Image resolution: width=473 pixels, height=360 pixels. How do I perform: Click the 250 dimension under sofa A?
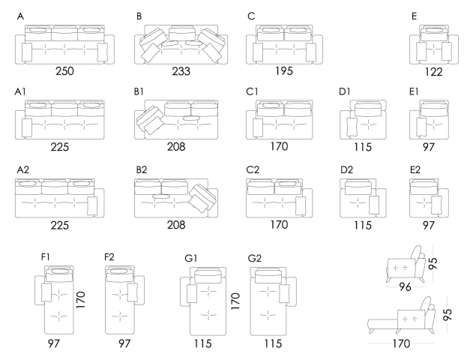pos(64,71)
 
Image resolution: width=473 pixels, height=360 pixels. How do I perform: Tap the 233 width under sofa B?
pos(181,71)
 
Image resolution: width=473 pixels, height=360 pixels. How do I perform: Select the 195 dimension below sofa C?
pos(284,71)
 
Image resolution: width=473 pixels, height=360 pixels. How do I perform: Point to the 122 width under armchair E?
pos(433,72)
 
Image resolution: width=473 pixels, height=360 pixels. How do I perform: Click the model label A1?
pos(20,91)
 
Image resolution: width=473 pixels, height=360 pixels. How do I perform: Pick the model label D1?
pos(345,91)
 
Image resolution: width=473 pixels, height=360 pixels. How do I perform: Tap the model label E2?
pos(415,170)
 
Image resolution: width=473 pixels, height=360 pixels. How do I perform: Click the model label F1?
pos(46,257)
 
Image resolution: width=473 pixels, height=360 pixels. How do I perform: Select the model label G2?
pos(255,258)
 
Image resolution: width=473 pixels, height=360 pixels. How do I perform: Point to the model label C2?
pos(253,170)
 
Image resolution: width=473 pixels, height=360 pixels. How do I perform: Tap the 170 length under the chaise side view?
pos(402,344)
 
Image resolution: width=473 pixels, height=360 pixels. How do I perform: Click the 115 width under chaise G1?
pos(201,343)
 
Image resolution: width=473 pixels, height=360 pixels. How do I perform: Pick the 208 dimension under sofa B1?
pos(175,146)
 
